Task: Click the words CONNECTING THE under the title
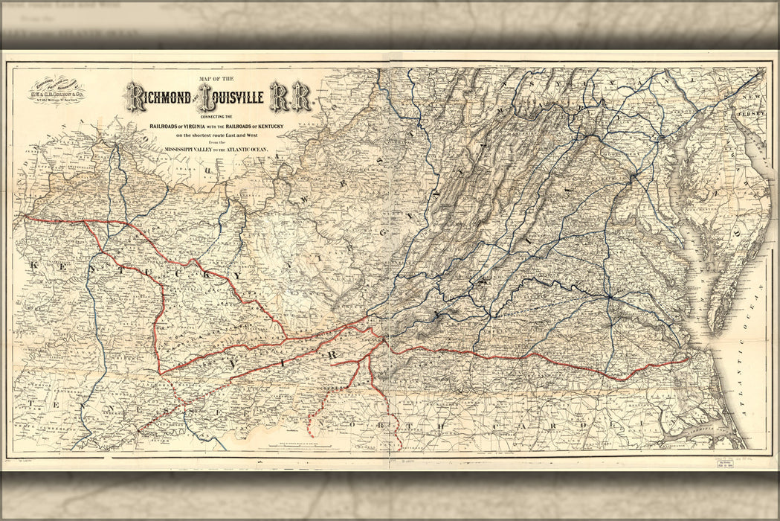(218, 118)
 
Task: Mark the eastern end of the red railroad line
(689, 361)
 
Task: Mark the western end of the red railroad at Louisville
(24, 217)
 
